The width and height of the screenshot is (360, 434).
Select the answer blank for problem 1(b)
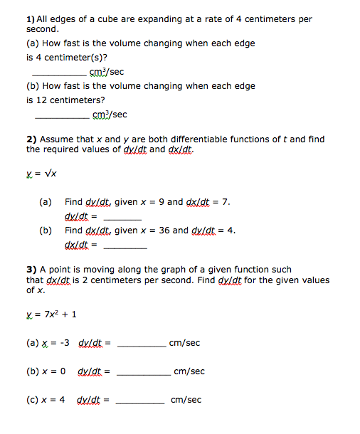(61, 117)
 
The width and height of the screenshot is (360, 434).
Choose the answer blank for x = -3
(141, 345)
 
